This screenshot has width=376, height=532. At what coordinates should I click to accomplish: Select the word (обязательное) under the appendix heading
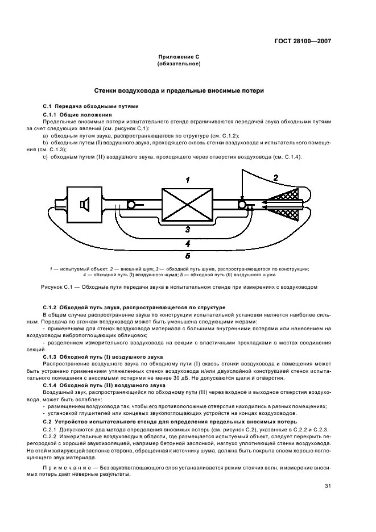[178, 64]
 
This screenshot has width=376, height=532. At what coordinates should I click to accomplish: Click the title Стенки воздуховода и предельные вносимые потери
[178, 91]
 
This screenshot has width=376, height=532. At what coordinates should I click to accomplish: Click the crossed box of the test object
[187, 205]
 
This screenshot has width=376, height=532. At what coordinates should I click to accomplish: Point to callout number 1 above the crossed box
[187, 180]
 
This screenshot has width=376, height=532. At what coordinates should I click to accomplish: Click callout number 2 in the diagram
[275, 178]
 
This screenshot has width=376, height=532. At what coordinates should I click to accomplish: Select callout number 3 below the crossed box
[188, 230]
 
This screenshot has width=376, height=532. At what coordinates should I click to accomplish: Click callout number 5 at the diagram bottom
[188, 256]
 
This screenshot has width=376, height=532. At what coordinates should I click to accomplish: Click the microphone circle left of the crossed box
[130, 205]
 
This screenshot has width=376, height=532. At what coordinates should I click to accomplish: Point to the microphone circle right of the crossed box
[242, 205]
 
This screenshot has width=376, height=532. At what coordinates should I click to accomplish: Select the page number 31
[328, 487]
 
